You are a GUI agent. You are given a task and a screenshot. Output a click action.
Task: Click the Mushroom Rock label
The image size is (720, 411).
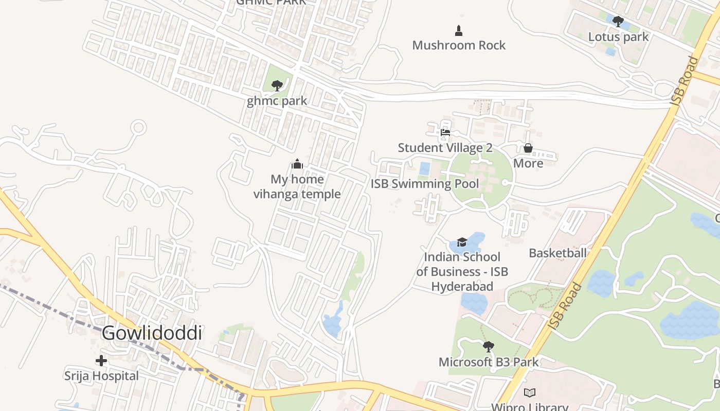(x=459, y=45)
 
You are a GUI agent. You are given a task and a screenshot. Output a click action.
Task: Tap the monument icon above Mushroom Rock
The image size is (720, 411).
(x=459, y=31)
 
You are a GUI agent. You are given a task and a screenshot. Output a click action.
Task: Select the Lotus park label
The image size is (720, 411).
(x=618, y=37)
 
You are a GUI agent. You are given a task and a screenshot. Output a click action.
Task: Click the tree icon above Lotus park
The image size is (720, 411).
(x=618, y=22)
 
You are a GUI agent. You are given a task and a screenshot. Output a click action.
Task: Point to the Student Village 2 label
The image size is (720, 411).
(x=445, y=148)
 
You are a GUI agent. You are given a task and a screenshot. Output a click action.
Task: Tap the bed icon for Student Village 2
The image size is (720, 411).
(x=445, y=133)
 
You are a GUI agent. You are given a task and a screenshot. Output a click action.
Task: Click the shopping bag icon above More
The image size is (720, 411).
(x=528, y=148)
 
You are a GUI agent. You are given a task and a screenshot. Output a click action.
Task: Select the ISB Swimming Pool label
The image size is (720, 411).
(x=425, y=184)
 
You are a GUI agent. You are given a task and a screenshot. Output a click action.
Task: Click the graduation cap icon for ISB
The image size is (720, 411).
(x=462, y=242)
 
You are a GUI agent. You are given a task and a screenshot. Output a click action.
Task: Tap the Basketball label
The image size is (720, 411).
(x=557, y=253)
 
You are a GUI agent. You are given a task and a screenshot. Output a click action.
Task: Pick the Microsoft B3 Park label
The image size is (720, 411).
(x=489, y=362)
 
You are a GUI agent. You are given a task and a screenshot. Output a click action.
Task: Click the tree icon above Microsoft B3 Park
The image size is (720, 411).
(x=489, y=347)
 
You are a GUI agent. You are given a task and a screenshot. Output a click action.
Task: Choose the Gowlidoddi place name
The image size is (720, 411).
(x=151, y=333)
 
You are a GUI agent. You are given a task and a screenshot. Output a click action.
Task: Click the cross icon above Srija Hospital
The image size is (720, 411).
(x=101, y=361)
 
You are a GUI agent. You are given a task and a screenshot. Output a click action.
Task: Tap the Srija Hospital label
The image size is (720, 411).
(x=101, y=376)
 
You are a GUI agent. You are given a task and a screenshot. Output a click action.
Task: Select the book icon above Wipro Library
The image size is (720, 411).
(x=529, y=393)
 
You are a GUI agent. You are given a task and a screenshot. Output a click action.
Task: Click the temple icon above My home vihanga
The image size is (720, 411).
(x=297, y=164)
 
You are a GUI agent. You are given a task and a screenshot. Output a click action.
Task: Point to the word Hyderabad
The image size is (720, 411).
(x=462, y=287)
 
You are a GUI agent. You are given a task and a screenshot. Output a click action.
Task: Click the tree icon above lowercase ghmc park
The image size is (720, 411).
(x=277, y=85)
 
